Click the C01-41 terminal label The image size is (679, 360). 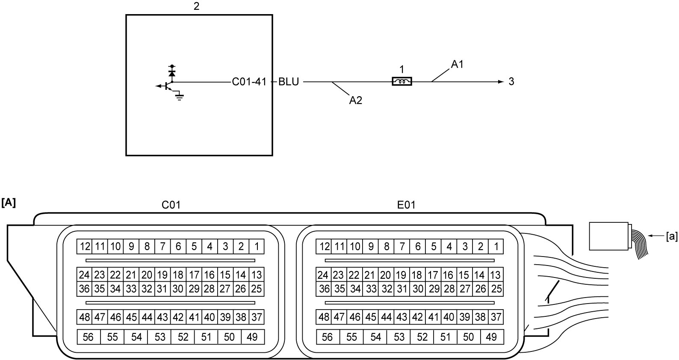pyautogui.click(x=249, y=82)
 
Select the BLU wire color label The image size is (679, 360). pyautogui.click(x=289, y=82)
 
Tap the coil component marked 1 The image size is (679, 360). pyautogui.click(x=401, y=82)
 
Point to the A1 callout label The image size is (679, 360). pyautogui.click(x=457, y=64)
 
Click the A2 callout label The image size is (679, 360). pyautogui.click(x=356, y=100)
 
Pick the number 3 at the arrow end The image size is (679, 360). pyautogui.click(x=511, y=82)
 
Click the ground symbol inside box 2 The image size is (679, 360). pyautogui.click(x=180, y=97)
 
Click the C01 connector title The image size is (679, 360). pyautogui.click(x=171, y=205)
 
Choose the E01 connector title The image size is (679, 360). pyautogui.click(x=406, y=205)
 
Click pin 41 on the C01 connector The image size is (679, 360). pyautogui.click(x=194, y=317)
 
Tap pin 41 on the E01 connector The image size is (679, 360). pyautogui.click(x=433, y=317)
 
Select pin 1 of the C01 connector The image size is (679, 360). pyautogui.click(x=257, y=246)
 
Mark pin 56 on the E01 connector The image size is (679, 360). pyautogui.click(x=328, y=337)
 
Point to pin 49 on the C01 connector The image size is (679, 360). pyautogui.click(x=253, y=337)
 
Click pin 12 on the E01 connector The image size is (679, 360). pyautogui.click(x=324, y=246)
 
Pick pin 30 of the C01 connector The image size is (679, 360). pyautogui.click(x=178, y=289)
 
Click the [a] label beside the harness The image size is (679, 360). pyautogui.click(x=671, y=236)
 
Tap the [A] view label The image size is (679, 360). pyautogui.click(x=9, y=202)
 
